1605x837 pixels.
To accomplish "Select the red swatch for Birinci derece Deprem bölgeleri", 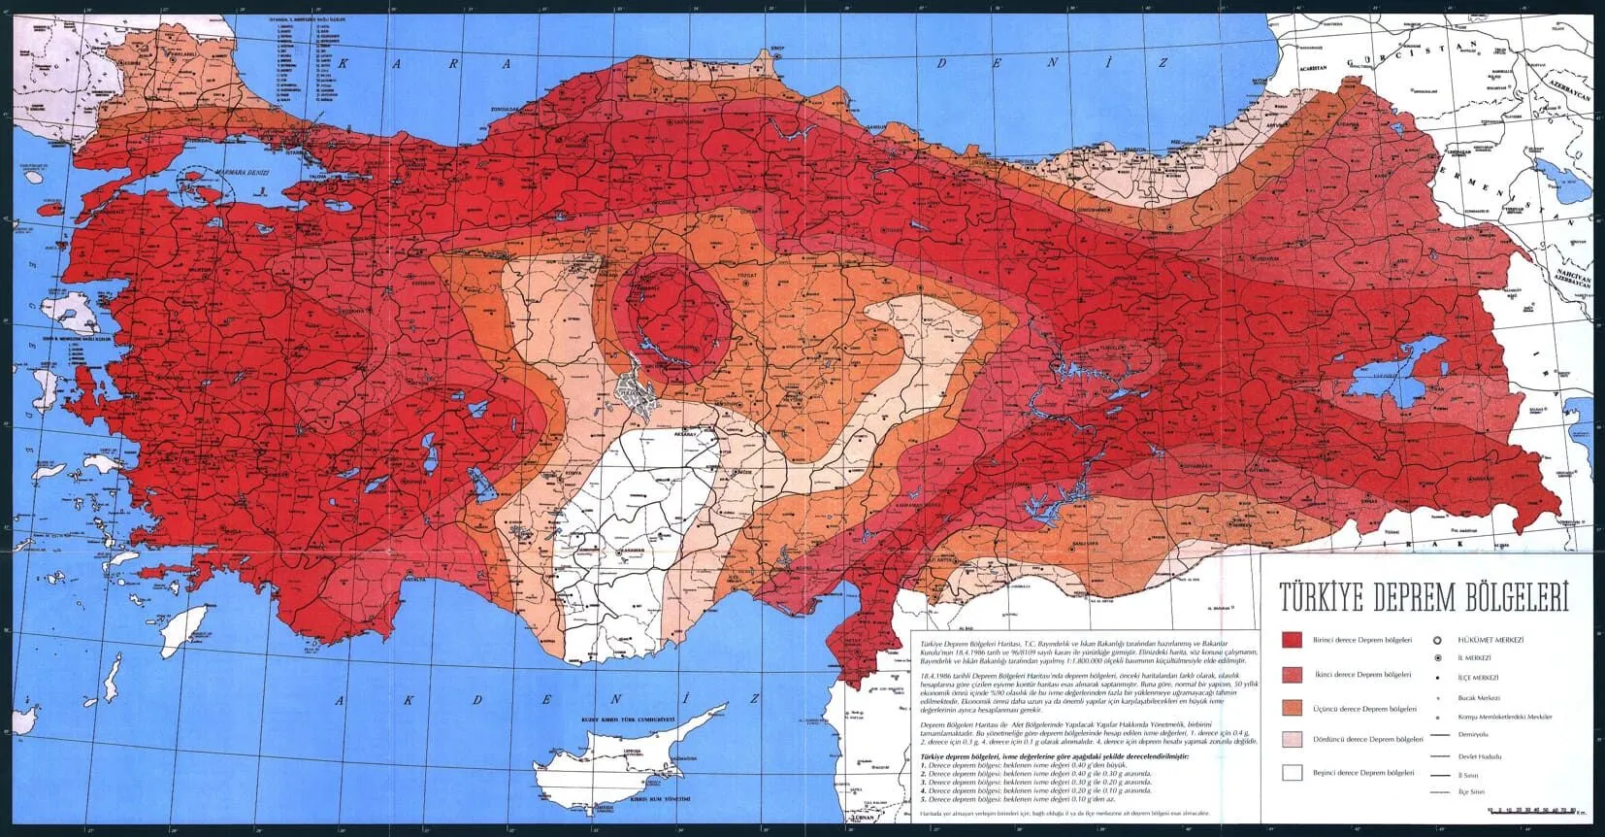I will click(x=1292, y=641).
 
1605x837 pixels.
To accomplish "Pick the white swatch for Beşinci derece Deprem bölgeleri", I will click(x=1292, y=773).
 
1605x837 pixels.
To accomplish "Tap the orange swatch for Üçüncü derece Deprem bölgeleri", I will click(x=1292, y=708).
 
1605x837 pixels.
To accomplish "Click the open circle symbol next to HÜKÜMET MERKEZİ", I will click(x=1437, y=641).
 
